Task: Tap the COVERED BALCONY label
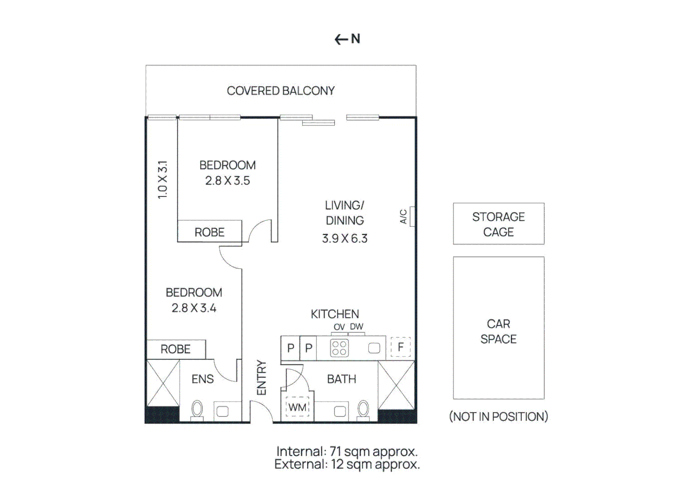(x=281, y=91)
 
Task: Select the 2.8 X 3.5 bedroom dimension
(x=227, y=181)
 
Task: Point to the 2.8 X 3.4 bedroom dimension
(x=194, y=308)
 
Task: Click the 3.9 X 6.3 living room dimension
(x=345, y=238)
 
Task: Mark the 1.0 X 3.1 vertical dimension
(x=162, y=180)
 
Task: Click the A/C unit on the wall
(x=412, y=216)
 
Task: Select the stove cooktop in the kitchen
(x=339, y=348)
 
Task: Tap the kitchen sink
(x=374, y=348)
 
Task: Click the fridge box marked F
(x=401, y=347)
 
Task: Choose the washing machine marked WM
(x=297, y=408)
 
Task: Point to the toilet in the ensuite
(x=197, y=410)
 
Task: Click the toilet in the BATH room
(x=363, y=409)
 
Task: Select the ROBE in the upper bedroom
(x=209, y=232)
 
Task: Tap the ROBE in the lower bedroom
(x=175, y=349)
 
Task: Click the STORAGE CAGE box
(x=498, y=224)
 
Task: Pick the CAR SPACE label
(x=498, y=331)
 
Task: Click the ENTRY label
(x=261, y=377)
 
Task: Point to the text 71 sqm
(x=350, y=451)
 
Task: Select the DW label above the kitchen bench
(x=356, y=327)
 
